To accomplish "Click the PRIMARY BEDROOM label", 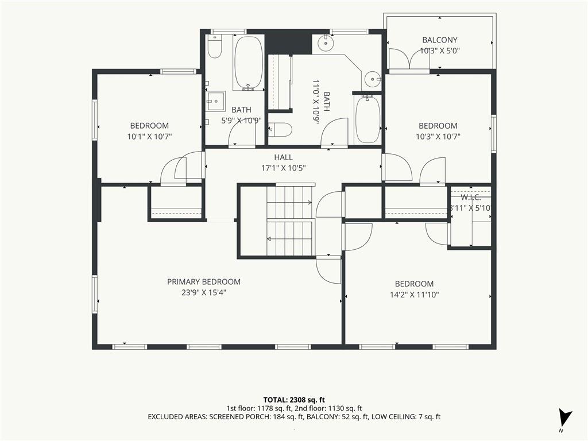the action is [x=204, y=281].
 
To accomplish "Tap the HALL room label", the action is [x=283, y=157].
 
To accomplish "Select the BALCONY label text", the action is [x=439, y=40].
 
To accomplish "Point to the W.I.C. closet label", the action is [x=471, y=198].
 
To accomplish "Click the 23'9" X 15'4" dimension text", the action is [x=204, y=292].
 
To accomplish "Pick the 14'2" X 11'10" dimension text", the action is [x=415, y=295].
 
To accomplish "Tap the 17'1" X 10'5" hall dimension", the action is [x=283, y=168].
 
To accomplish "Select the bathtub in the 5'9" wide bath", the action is [x=248, y=63].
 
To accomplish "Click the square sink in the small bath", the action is [x=215, y=101].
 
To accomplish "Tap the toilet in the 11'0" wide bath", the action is [x=280, y=130].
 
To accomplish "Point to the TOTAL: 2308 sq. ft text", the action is [x=293, y=400].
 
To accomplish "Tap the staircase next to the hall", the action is [x=290, y=220].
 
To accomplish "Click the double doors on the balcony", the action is [x=409, y=58].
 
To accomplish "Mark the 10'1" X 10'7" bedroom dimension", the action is [x=149, y=137].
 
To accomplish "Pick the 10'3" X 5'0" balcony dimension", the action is [x=439, y=51].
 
